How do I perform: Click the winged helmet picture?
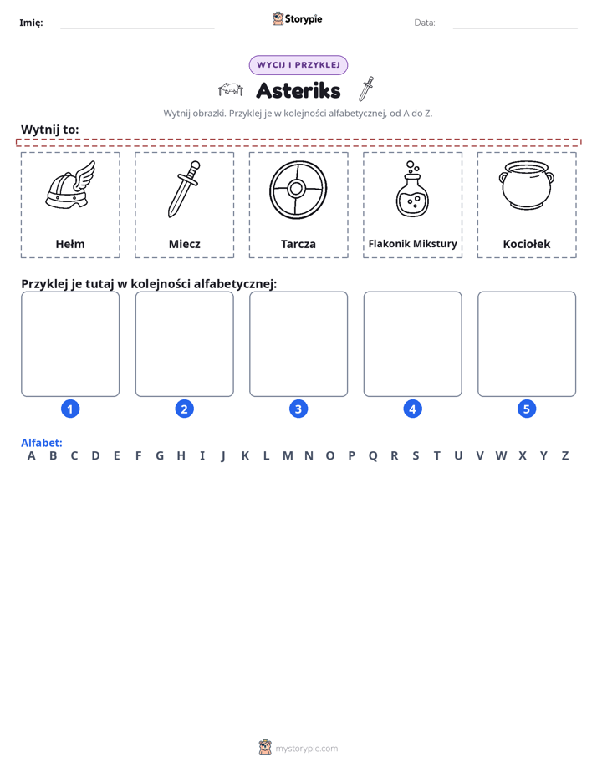[x=70, y=185]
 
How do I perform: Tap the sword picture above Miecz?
[x=184, y=189]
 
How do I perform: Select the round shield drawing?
[x=298, y=190]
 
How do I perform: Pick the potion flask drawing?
[x=412, y=189]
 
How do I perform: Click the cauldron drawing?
[x=527, y=185]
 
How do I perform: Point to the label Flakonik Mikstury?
[x=413, y=244]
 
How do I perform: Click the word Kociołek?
[x=527, y=244]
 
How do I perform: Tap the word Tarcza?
[x=298, y=244]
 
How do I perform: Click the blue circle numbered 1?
[x=70, y=409]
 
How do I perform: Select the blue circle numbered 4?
[x=412, y=409]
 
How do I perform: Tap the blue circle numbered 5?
[x=527, y=409]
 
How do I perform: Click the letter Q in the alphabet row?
[x=373, y=456]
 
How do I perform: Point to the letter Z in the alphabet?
[x=565, y=456]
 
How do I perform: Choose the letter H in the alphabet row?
[x=181, y=456]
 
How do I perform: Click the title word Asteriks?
[x=298, y=90]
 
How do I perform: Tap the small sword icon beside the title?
[x=366, y=89]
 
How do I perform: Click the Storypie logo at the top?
[x=297, y=18]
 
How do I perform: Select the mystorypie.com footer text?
[x=306, y=749]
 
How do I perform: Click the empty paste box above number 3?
[x=298, y=344]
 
